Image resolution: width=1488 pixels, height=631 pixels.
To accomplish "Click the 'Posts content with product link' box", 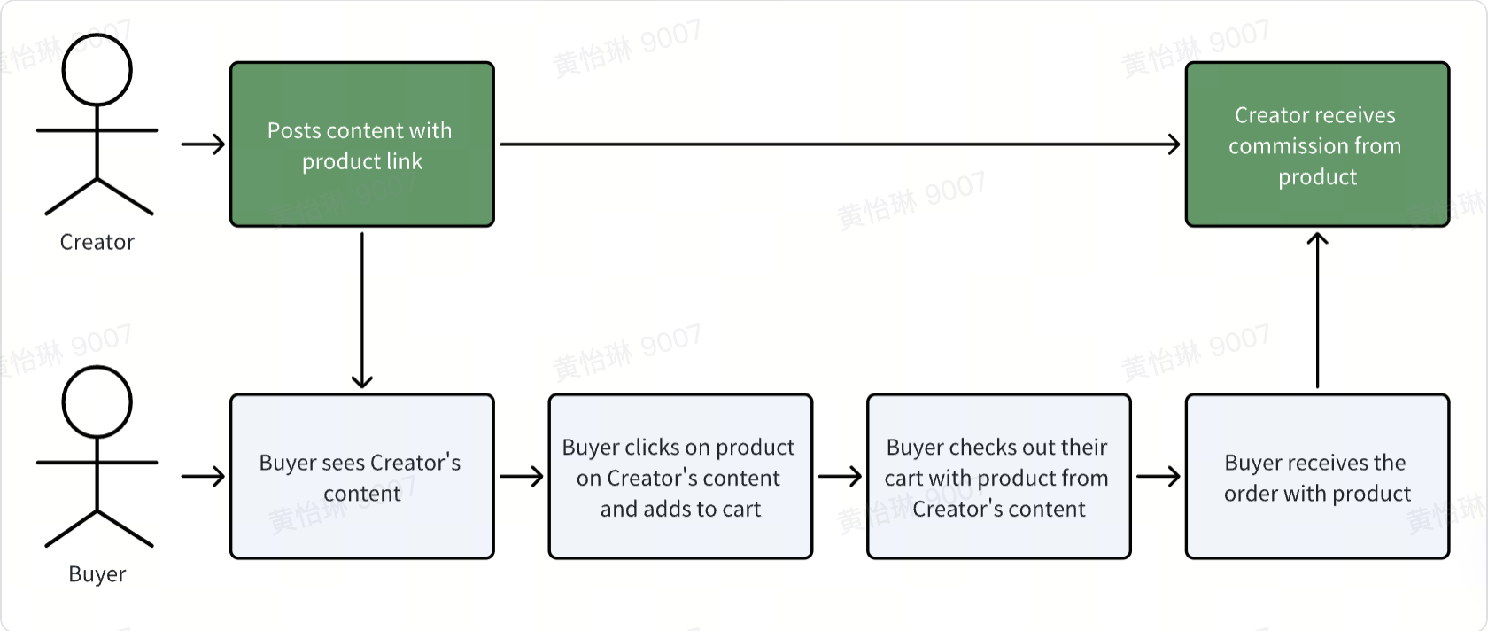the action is point(362,144).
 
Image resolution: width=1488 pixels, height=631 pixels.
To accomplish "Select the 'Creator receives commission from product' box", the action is point(1317,144).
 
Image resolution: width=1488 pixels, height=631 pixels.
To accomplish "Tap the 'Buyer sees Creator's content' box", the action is point(362,476).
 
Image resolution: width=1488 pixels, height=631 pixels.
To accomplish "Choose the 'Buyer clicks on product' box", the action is point(680,476).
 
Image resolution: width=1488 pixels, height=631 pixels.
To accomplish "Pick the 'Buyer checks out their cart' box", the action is point(998,476).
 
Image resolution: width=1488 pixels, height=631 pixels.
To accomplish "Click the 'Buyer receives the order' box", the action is point(1317,476).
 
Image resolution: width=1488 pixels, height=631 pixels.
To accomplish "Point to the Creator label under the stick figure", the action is point(97,242).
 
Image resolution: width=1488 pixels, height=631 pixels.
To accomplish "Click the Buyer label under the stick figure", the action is point(97,574).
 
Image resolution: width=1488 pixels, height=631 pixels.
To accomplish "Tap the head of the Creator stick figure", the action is point(97,70).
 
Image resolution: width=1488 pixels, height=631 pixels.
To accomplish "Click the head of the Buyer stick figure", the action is point(97,401).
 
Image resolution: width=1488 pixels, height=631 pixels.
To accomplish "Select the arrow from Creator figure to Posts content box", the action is point(204,144).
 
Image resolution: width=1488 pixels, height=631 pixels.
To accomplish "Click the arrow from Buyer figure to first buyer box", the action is point(204,476).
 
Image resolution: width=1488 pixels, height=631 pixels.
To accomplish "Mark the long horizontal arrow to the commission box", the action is point(840,144).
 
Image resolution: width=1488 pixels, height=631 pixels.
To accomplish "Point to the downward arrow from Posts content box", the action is point(362,310).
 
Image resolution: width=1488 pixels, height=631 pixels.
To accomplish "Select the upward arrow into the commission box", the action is point(1317,310).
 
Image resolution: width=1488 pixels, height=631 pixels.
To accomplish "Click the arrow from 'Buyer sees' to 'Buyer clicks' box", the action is point(522,476).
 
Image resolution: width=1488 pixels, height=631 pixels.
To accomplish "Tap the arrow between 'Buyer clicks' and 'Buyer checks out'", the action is point(840,476).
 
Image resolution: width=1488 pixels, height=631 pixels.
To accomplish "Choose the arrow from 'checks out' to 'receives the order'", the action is point(1159,476).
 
